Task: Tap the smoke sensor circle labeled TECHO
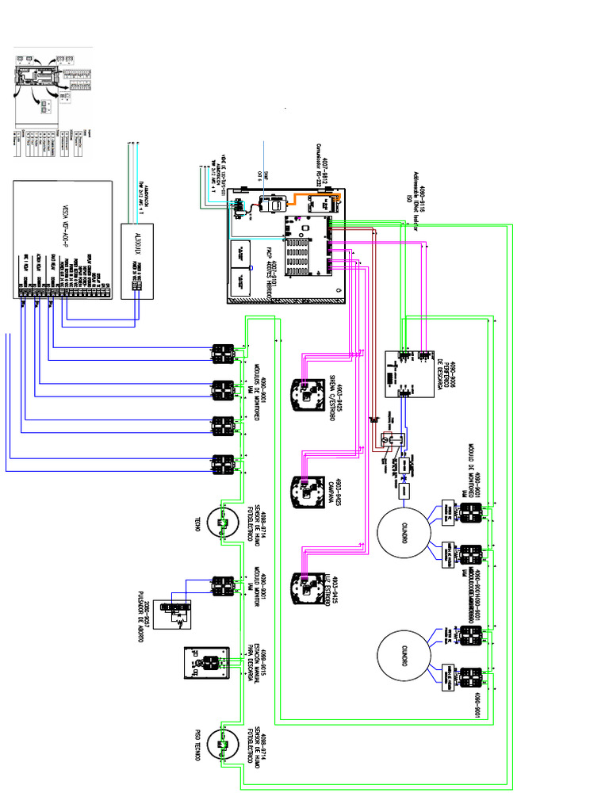coord(221,523)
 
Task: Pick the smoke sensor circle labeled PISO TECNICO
coord(221,745)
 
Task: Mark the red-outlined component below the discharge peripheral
coord(388,439)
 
